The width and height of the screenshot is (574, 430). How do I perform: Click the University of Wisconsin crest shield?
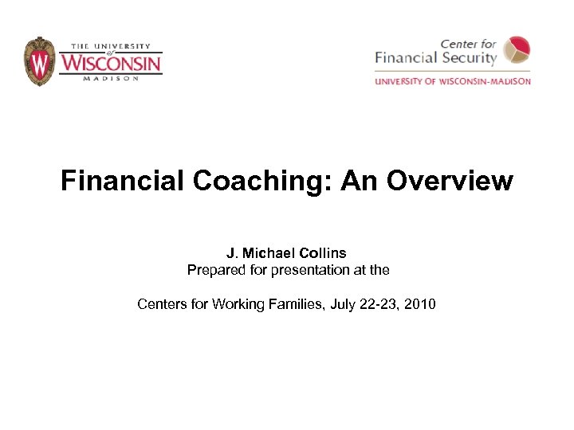coord(39,61)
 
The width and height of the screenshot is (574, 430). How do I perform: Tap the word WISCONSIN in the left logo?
coord(111,62)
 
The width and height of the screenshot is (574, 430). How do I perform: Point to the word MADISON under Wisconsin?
coord(111,78)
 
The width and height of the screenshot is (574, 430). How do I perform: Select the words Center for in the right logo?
coord(469,43)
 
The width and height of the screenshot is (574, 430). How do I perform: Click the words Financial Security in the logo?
coord(436,58)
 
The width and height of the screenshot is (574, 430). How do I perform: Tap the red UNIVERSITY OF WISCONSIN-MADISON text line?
coord(452,81)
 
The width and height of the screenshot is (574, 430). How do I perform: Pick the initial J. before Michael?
coord(232,253)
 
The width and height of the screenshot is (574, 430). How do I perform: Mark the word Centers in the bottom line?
coord(161,303)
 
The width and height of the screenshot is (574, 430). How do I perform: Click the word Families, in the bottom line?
coord(294,303)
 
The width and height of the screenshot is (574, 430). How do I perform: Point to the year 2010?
coord(419,303)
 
